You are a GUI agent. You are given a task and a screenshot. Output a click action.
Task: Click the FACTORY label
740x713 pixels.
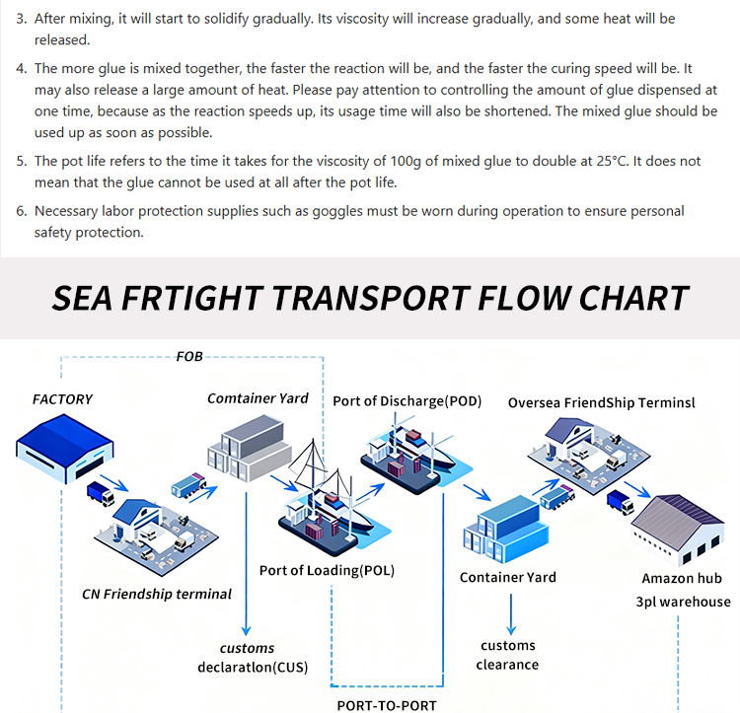coord(62,399)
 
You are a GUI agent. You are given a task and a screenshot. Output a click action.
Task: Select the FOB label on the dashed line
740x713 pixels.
coord(189,356)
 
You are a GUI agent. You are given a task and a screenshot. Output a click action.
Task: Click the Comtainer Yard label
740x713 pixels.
coord(258,398)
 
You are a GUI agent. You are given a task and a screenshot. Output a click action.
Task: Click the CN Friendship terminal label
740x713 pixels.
coord(157,594)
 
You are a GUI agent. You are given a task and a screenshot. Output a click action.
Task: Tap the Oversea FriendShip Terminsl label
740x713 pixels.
coord(602,402)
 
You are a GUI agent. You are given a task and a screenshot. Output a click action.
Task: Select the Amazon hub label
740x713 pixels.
coord(682,579)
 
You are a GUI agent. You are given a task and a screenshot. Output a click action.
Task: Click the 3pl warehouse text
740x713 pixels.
coord(683,602)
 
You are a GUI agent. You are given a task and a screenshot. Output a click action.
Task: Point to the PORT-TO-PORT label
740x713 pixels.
coord(387,705)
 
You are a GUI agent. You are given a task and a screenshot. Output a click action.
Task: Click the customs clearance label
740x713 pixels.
coord(508,655)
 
